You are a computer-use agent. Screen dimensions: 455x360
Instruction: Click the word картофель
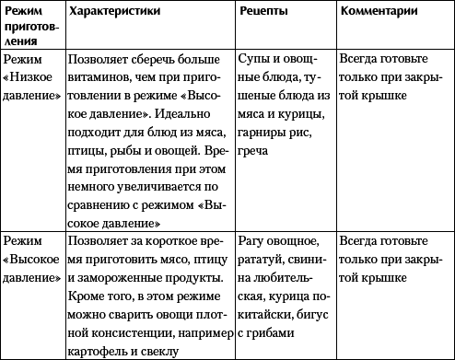(x=99, y=342)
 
